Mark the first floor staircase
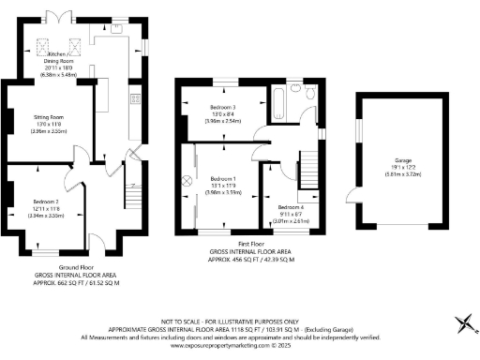click(307, 172)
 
